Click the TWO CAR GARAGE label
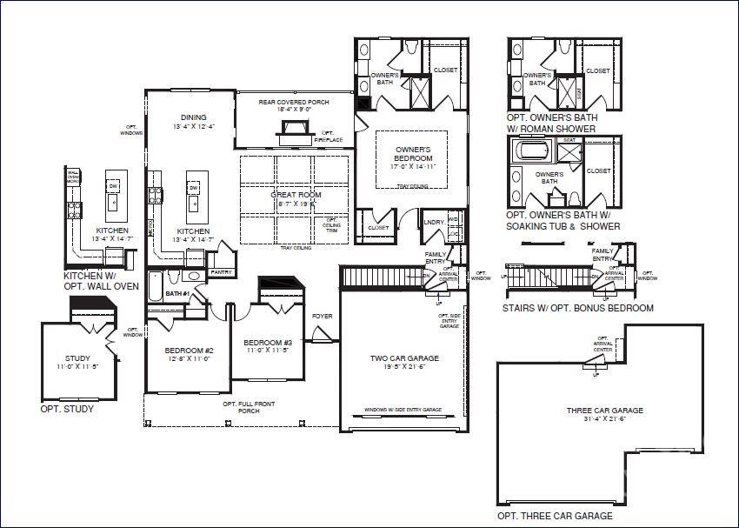pyautogui.click(x=404, y=358)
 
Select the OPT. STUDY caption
pyautogui.click(x=67, y=408)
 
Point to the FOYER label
pyautogui.click(x=323, y=316)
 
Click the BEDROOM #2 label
pyautogui.click(x=183, y=352)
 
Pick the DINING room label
pyautogui.click(x=193, y=117)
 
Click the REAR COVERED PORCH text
pyautogui.click(x=291, y=102)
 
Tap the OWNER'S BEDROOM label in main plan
pyautogui.click(x=413, y=153)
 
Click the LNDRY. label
pyautogui.click(x=432, y=222)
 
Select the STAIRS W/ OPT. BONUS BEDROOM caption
pyautogui.click(x=577, y=308)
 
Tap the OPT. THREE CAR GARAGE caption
pyautogui.click(x=554, y=515)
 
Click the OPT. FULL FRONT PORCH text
pyautogui.click(x=241, y=407)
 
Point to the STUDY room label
pyautogui.click(x=77, y=358)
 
